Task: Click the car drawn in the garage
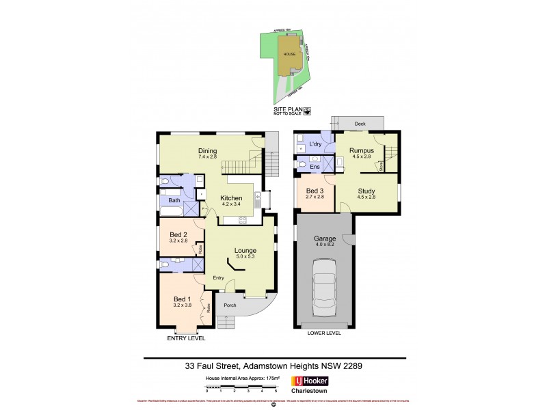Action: point(325,288)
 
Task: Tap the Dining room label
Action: point(208,151)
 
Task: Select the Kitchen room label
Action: point(231,198)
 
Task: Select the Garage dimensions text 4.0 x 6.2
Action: point(325,246)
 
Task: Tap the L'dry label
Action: point(316,145)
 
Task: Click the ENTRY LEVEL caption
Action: point(186,338)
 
